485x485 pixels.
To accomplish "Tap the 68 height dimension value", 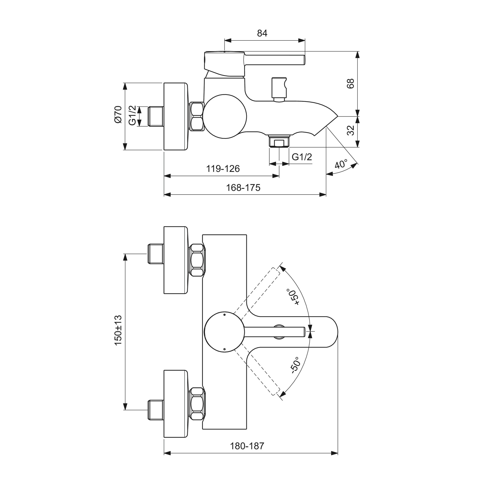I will [x=351, y=83].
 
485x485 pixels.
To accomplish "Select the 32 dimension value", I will [x=351, y=130].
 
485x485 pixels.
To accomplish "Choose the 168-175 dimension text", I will [x=243, y=187].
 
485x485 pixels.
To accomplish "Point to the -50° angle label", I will [x=295, y=366].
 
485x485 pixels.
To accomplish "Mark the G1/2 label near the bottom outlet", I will [x=302, y=157].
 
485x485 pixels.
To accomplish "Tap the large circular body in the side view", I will [x=225, y=116].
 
